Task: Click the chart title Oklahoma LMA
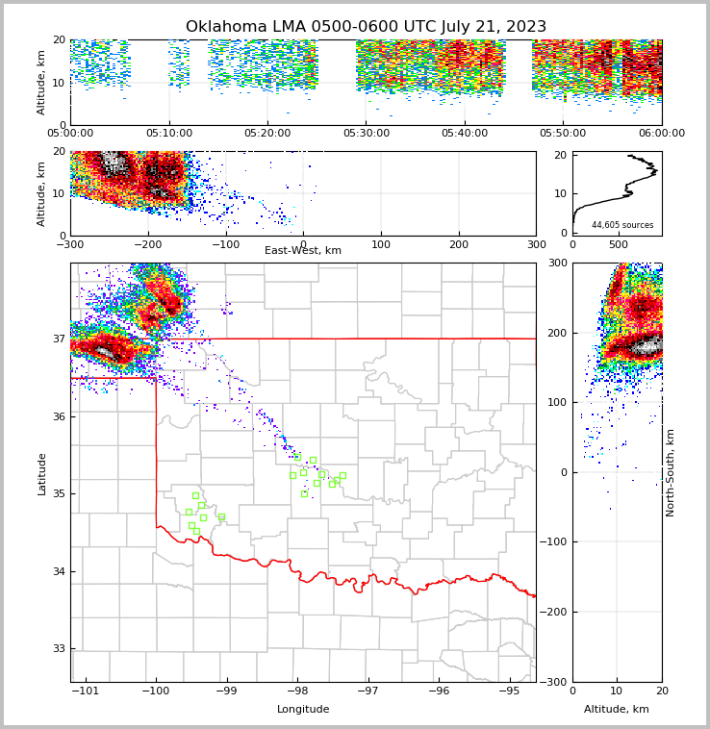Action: click(366, 27)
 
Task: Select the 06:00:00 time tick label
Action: click(661, 134)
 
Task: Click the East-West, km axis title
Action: click(303, 251)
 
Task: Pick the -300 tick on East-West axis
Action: click(70, 243)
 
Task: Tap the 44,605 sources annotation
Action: click(621, 225)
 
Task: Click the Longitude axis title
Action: click(303, 710)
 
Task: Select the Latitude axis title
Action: click(41, 473)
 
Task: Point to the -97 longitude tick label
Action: click(368, 691)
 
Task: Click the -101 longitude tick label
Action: click(86, 691)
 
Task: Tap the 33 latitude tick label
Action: click(58, 649)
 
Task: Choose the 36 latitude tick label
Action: click(58, 416)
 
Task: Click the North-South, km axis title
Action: click(671, 472)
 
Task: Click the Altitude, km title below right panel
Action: click(617, 710)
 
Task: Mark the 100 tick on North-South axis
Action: click(557, 402)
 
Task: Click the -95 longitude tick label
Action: click(510, 691)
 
